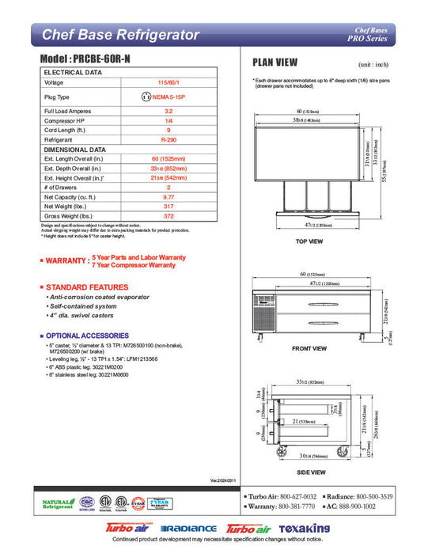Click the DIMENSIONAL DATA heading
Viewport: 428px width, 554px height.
pos(74,149)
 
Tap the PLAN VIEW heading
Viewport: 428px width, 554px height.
pos(275,63)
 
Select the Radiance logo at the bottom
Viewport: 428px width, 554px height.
pos(188,527)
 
